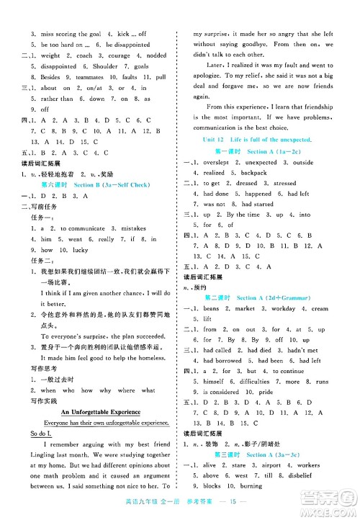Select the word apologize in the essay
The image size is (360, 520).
208,74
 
